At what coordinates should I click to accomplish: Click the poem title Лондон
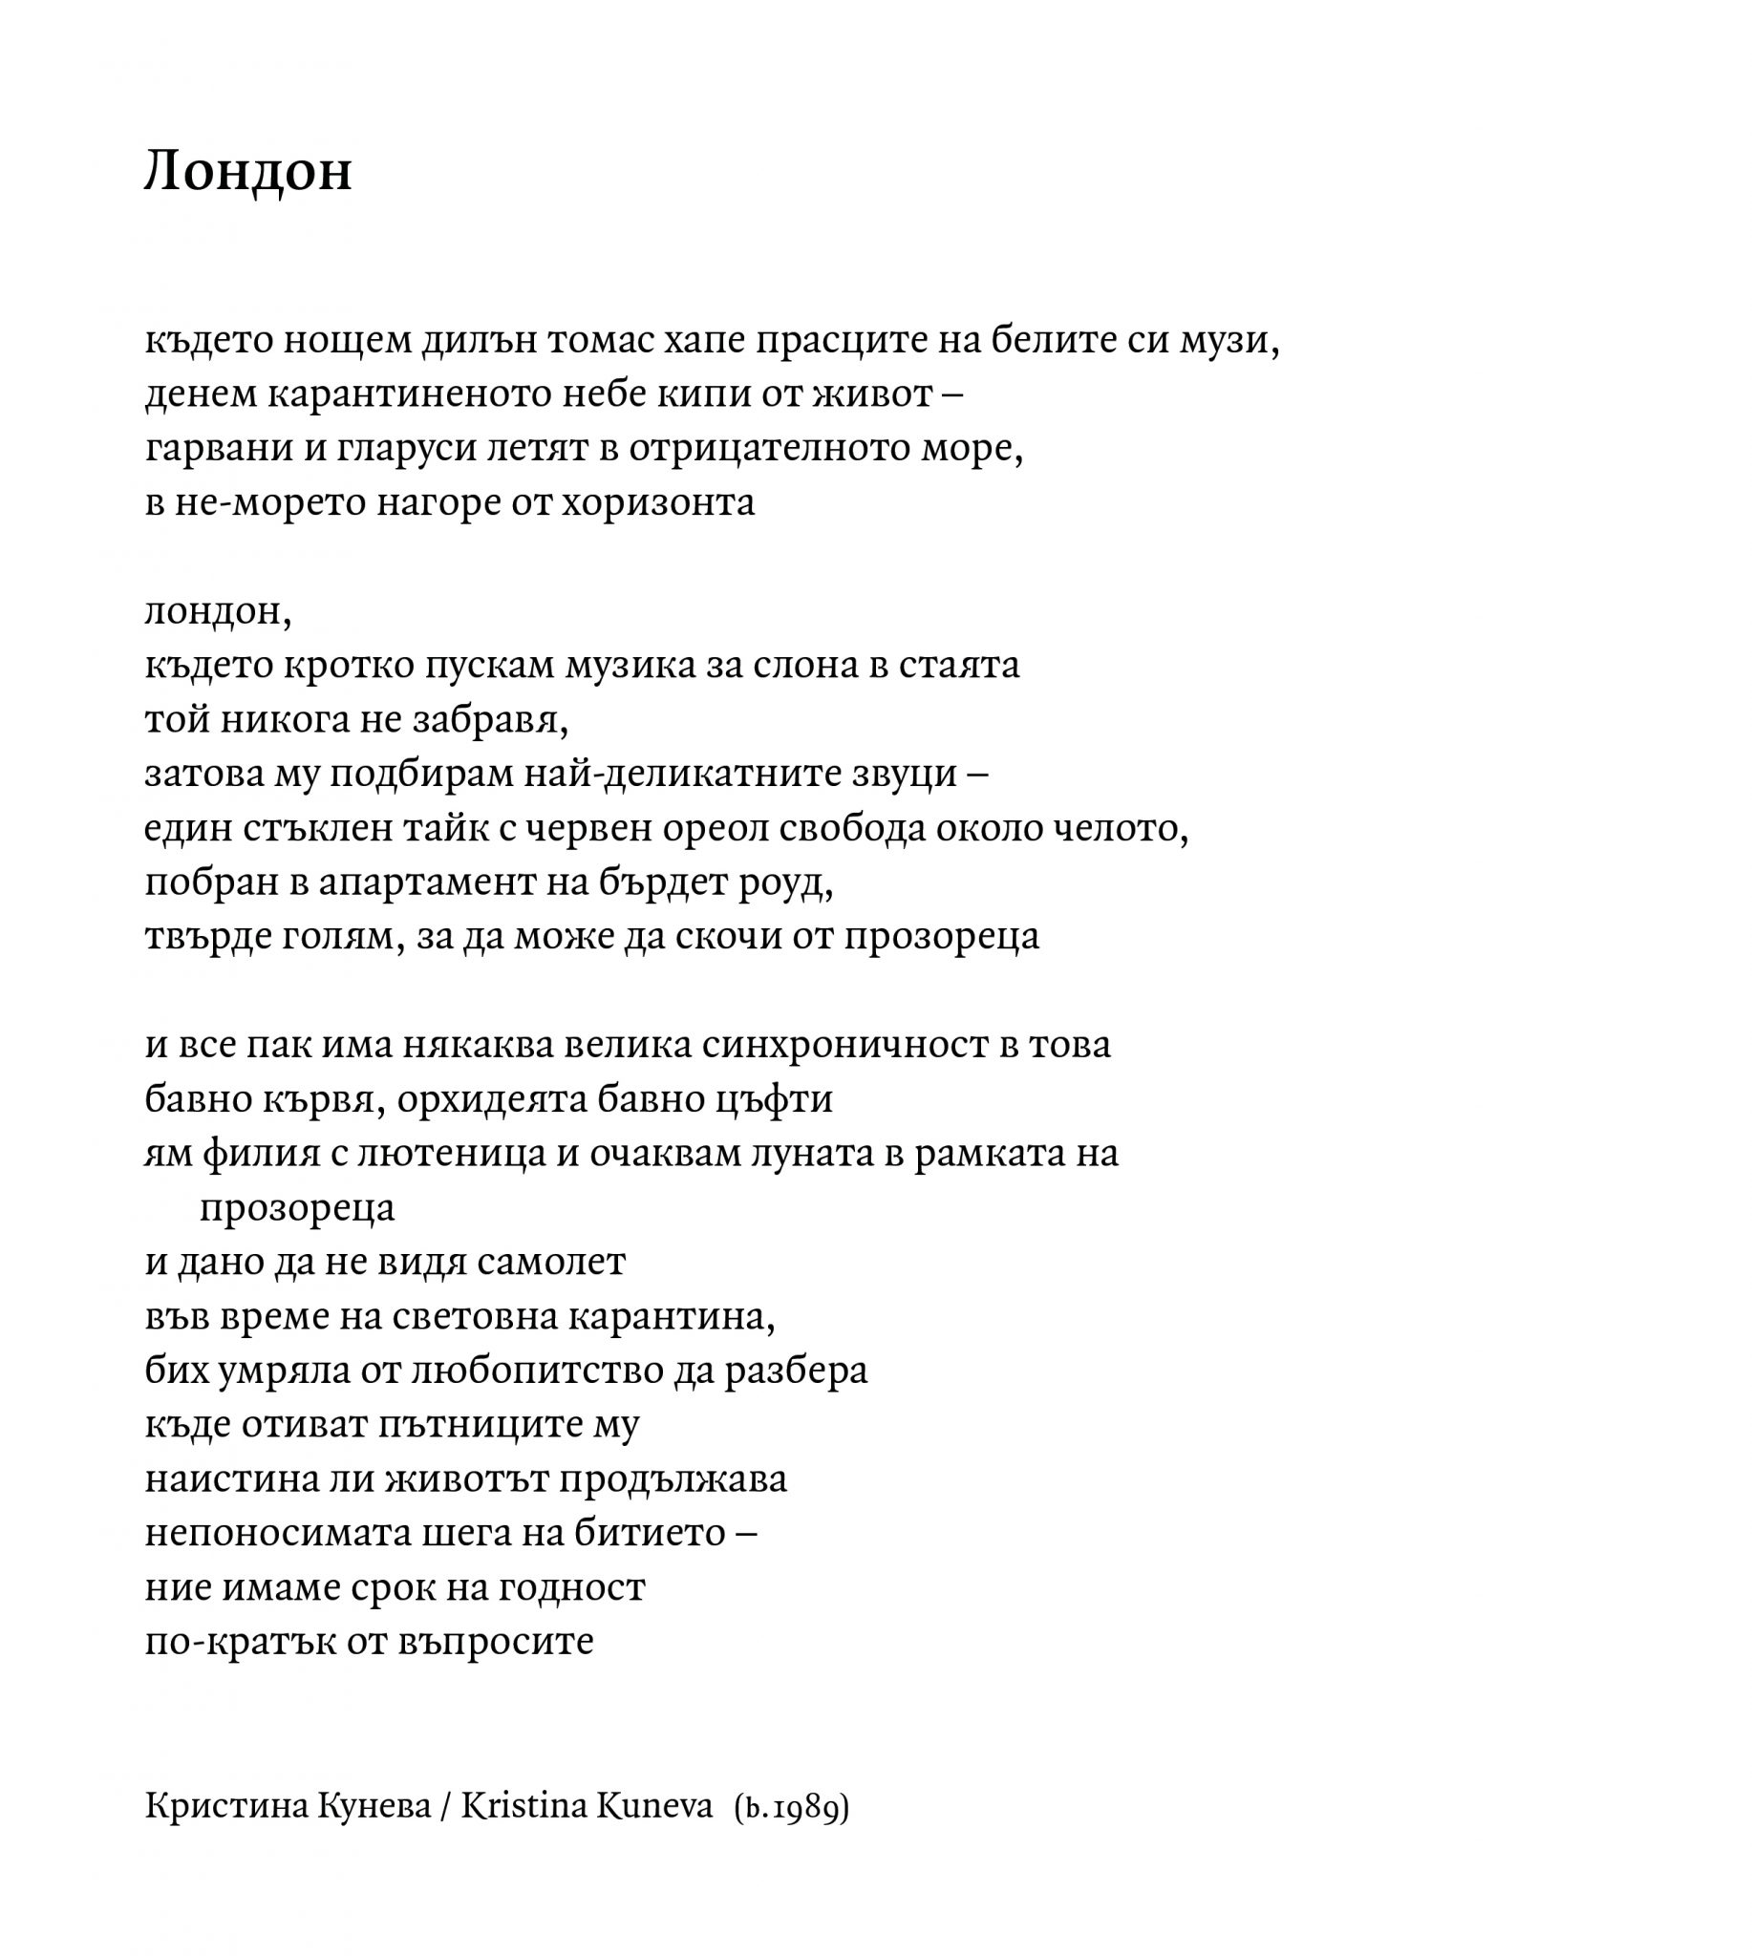248,171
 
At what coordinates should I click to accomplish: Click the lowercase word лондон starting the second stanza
217,612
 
